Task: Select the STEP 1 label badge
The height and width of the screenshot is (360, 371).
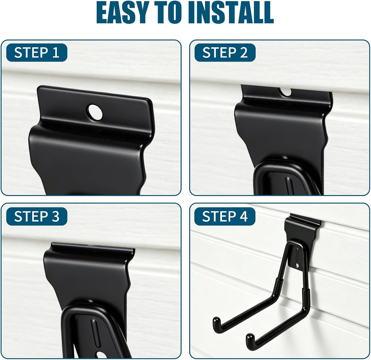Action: click(37, 53)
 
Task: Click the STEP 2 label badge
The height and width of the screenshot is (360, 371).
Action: click(225, 53)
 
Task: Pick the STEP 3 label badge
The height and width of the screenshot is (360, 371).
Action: click(37, 216)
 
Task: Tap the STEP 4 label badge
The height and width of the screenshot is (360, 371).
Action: click(225, 216)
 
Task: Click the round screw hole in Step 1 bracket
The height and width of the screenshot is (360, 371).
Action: click(95, 112)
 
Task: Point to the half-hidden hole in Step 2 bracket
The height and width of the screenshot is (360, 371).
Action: click(286, 92)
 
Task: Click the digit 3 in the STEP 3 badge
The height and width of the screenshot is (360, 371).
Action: click(55, 217)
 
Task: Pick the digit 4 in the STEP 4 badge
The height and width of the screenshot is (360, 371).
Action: click(243, 217)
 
